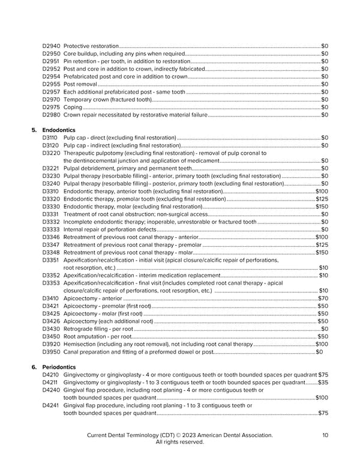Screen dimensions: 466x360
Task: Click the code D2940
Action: (51, 46)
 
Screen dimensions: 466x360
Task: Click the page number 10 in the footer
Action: (325, 435)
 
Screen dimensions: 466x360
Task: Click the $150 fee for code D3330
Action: (322, 206)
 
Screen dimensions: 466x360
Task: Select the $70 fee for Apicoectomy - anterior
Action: (323, 298)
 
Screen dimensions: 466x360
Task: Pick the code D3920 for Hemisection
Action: (51, 343)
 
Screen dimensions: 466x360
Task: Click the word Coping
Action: (73, 107)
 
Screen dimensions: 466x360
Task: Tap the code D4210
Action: (51, 375)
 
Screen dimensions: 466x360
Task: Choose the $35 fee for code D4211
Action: (323, 382)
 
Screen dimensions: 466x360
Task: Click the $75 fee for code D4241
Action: (323, 413)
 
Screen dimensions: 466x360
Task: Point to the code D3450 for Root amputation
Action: (51, 336)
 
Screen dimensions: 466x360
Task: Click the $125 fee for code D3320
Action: (322, 199)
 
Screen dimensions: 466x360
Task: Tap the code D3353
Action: (51, 282)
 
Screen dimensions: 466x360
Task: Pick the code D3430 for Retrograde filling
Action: (51, 328)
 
